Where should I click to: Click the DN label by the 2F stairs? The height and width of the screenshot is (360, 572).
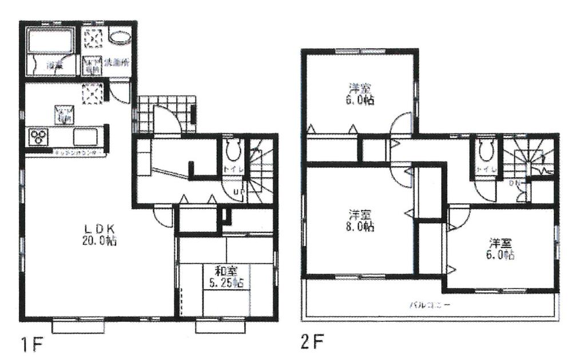point(514,183)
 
